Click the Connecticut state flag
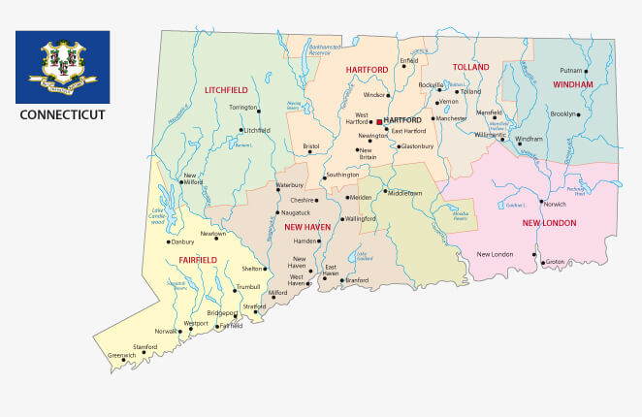click(x=62, y=66)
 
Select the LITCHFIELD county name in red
click(x=226, y=90)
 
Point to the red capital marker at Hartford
click(x=379, y=122)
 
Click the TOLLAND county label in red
click(x=470, y=68)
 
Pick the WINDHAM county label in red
click(x=573, y=85)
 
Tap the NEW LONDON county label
click(x=549, y=223)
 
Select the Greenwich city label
click(x=121, y=356)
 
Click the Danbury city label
click(x=183, y=241)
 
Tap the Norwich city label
click(x=554, y=205)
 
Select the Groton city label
click(x=555, y=262)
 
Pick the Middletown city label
click(x=405, y=193)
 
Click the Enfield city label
click(x=409, y=60)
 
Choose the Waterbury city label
click(x=290, y=184)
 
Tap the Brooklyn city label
click(x=562, y=114)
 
